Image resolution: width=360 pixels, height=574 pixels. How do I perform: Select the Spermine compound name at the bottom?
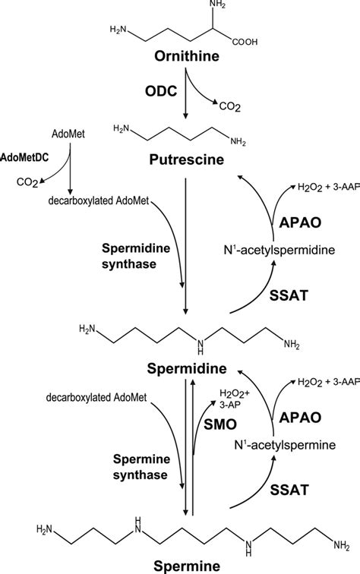point(187,566)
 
